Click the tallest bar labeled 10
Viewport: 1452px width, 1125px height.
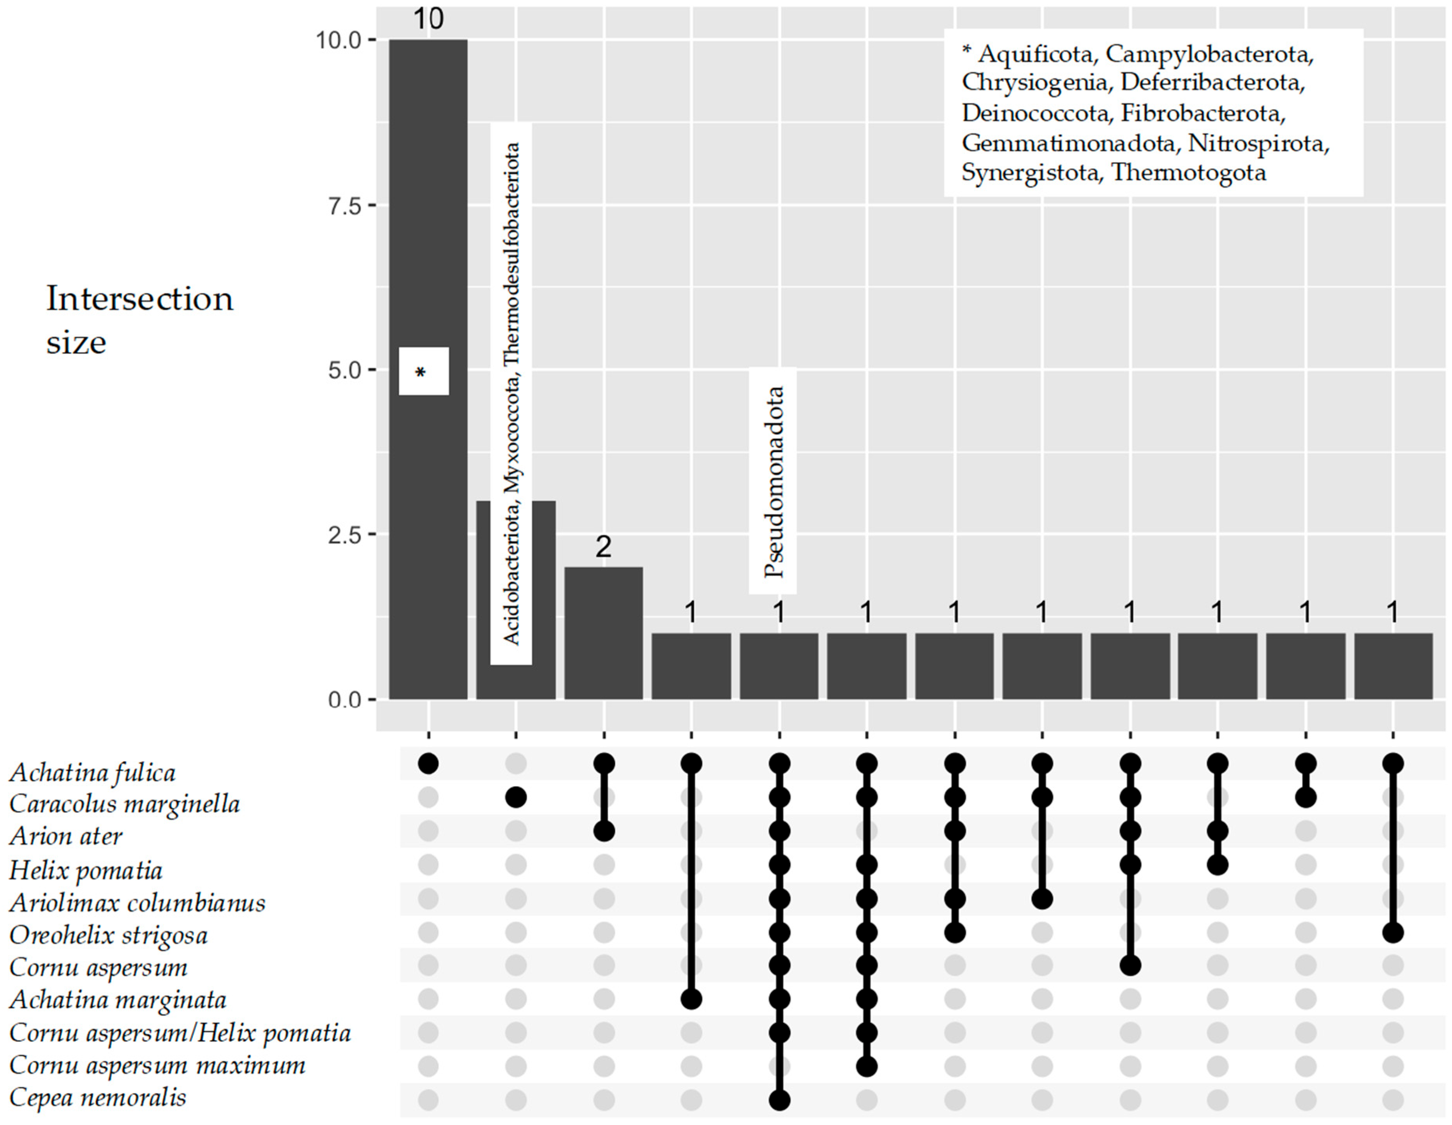(428, 199)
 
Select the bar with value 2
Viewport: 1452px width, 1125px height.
(604, 632)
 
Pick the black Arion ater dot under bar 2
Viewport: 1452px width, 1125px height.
(604, 831)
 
